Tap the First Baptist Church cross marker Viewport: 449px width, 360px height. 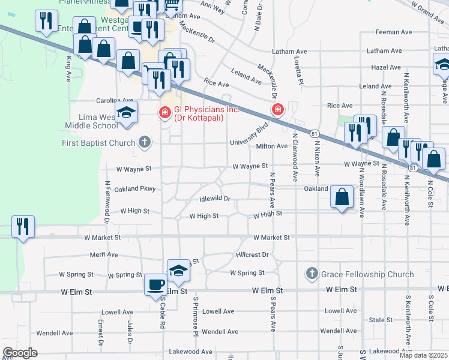click(143, 143)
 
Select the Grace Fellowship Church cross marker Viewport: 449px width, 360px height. click(311, 274)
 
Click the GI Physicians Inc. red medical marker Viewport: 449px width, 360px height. click(163, 112)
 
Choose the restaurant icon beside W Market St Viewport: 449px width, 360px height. click(23, 227)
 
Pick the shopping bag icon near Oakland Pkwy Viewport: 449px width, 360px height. click(342, 196)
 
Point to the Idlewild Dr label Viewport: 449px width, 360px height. click(214, 199)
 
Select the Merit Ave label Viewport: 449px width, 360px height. click(104, 254)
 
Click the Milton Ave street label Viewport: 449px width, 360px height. click(272, 146)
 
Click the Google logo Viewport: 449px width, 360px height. click(20, 353)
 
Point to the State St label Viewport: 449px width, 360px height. click(380, 320)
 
